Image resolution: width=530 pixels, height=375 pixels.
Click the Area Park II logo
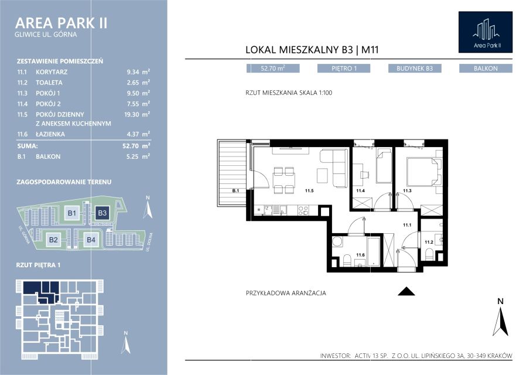click(485, 32)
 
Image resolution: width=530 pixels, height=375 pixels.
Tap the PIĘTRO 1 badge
click(344, 69)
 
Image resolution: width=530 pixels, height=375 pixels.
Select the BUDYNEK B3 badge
click(415, 69)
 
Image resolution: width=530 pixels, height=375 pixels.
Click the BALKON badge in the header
click(485, 69)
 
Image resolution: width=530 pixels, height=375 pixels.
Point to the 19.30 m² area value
click(137, 114)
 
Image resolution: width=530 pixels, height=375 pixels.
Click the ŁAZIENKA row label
click(50, 134)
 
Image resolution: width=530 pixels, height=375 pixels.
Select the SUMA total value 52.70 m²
click(136, 146)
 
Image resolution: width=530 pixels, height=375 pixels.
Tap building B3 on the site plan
click(102, 213)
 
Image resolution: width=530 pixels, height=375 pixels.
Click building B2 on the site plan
click(53, 240)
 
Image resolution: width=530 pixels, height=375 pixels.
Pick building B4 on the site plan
click(91, 240)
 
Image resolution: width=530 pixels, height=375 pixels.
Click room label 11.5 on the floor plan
click(309, 190)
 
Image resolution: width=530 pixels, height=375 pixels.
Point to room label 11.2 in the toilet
click(429, 242)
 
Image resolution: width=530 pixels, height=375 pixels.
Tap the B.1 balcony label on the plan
click(235, 190)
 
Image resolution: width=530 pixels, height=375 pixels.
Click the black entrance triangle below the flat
click(406, 291)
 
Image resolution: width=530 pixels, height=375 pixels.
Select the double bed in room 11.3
click(425, 172)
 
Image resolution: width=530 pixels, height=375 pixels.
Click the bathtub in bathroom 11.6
click(374, 251)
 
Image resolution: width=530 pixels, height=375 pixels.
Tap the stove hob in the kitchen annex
click(303, 210)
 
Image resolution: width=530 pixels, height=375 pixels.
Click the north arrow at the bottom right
click(501, 317)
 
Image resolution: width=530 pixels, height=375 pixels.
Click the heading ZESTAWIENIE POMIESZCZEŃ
click(60, 61)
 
